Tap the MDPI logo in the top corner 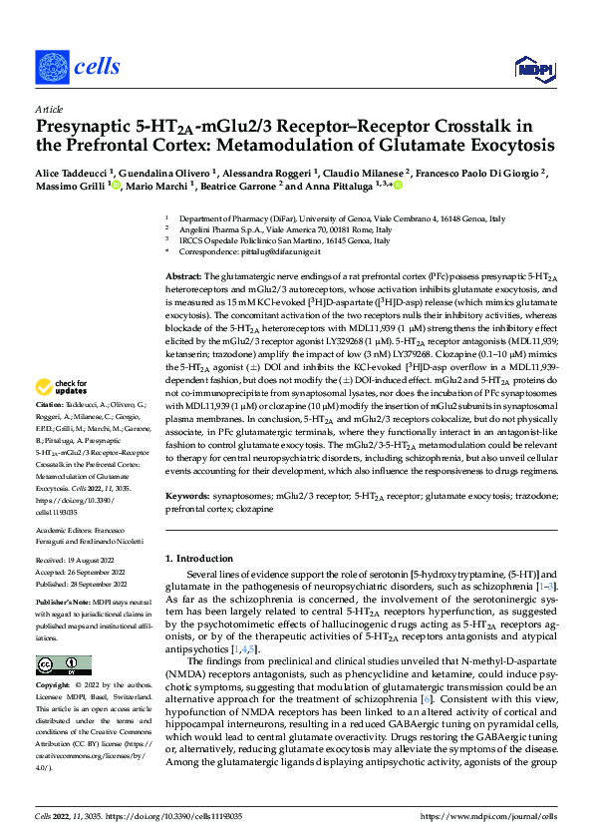(532, 67)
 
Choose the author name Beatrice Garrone (276, 185)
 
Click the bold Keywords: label (186, 495)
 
